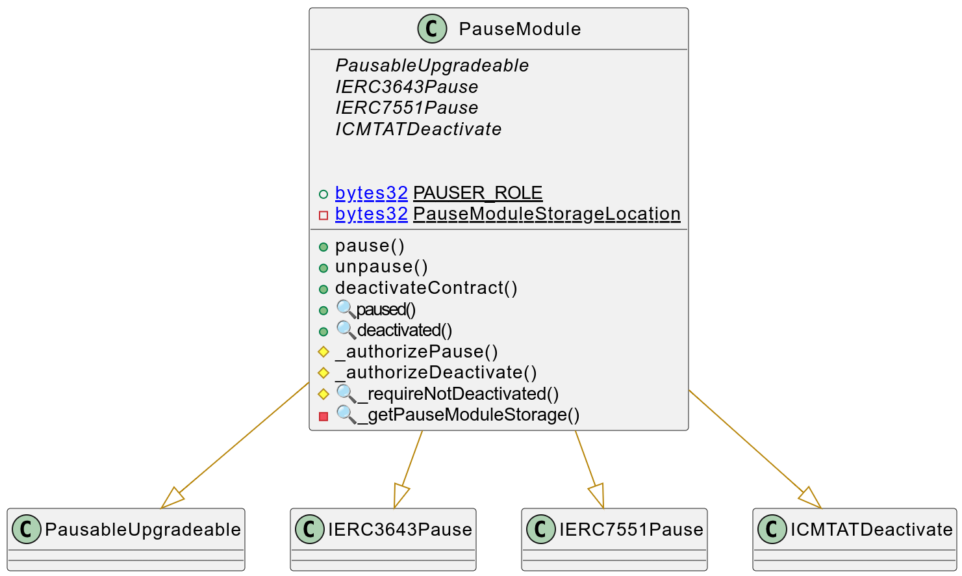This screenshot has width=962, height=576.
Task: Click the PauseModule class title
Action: pyautogui.click(x=520, y=29)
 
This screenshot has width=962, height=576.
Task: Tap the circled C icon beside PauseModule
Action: pyautogui.click(x=432, y=29)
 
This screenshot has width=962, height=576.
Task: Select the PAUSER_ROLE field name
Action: pyautogui.click(x=477, y=193)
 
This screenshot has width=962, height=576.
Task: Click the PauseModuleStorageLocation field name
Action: pyautogui.click(x=546, y=214)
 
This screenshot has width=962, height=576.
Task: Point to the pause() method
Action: pyautogui.click(x=370, y=246)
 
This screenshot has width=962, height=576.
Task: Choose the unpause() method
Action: pyautogui.click(x=381, y=267)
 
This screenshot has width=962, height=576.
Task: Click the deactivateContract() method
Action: pyautogui.click(x=426, y=288)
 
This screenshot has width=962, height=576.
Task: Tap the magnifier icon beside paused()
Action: pyautogui.click(x=346, y=309)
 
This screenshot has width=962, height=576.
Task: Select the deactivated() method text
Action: pyautogui.click(x=404, y=330)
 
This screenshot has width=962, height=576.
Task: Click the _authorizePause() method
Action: pyautogui.click(x=416, y=352)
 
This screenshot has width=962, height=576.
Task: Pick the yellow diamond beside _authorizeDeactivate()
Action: pyautogui.click(x=323, y=373)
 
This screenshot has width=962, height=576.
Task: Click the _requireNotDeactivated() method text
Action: pyautogui.click(x=458, y=394)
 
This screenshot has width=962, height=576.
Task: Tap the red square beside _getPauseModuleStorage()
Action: pyautogui.click(x=323, y=415)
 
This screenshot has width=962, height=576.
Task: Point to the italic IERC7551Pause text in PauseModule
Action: pyautogui.click(x=407, y=108)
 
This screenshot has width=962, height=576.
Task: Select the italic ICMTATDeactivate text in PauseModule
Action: pyautogui.click(x=418, y=129)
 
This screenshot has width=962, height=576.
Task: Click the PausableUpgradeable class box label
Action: pyautogui.click(x=142, y=530)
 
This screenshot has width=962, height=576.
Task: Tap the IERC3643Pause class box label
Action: pyautogui.click(x=399, y=530)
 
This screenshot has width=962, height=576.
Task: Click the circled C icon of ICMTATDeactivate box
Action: pyautogui.click(x=772, y=530)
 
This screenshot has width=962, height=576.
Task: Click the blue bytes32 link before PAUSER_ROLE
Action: pyautogui.click(x=371, y=193)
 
